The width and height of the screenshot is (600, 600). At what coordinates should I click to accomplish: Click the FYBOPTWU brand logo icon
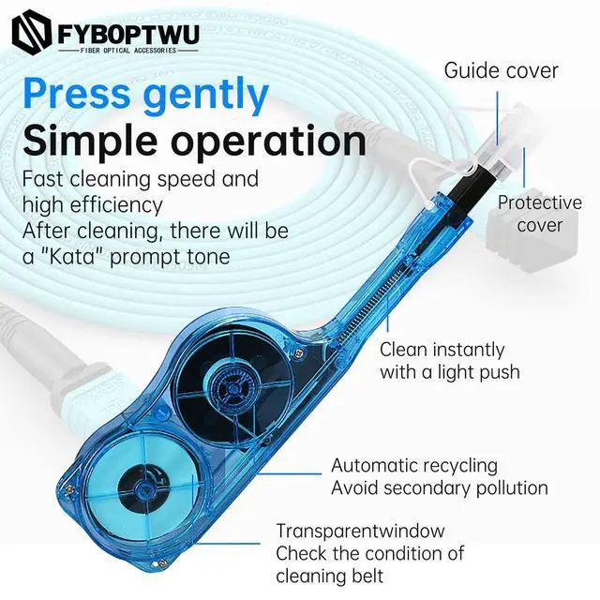(x=32, y=32)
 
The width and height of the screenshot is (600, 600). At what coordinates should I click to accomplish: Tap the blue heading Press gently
(x=145, y=95)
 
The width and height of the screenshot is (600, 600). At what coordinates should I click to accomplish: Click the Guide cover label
(x=501, y=70)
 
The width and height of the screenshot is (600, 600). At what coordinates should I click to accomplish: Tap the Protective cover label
(x=540, y=214)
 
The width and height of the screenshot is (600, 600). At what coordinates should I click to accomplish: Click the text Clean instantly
(x=442, y=350)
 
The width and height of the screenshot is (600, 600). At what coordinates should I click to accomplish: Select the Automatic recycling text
(x=413, y=465)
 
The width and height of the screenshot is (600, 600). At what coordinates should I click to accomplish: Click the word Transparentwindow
(x=360, y=532)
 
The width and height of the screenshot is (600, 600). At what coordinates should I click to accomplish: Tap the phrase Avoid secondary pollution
(x=439, y=487)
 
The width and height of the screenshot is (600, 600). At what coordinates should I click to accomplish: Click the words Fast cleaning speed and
(x=140, y=178)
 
